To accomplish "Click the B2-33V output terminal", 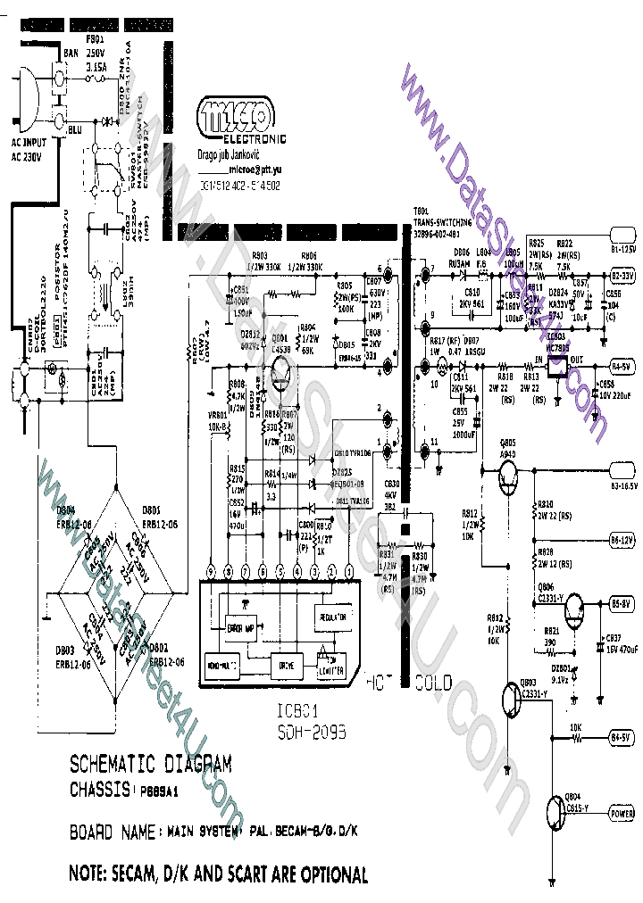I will [622, 277].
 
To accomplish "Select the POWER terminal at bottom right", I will [622, 814].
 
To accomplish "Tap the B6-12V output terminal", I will [622, 540].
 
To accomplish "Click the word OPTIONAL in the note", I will [321, 874].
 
